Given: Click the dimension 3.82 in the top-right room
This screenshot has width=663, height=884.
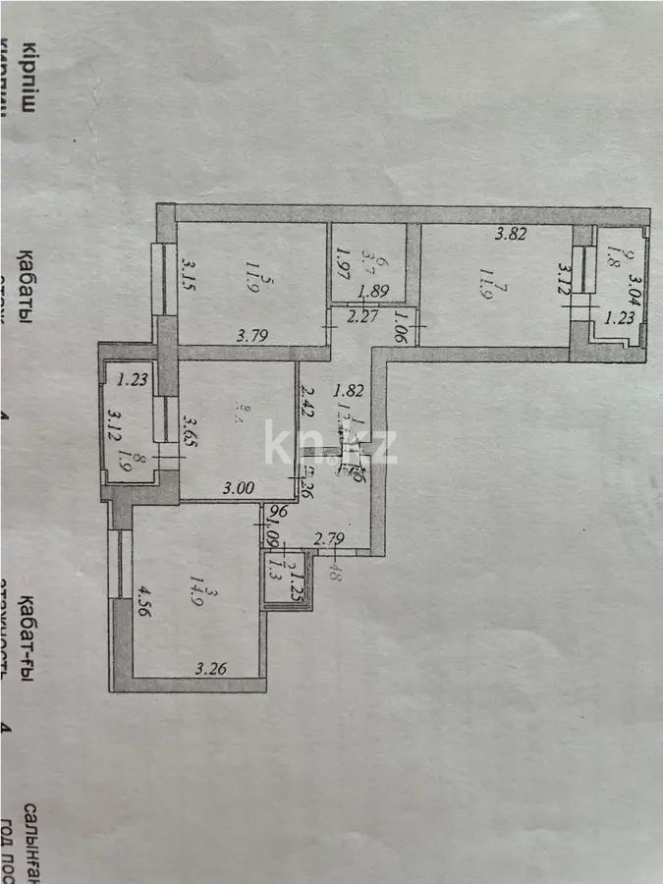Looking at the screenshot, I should click(x=511, y=235).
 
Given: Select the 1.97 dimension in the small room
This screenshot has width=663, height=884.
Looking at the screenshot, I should click(x=343, y=263).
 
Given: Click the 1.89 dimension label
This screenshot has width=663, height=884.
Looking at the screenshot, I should click(x=374, y=292).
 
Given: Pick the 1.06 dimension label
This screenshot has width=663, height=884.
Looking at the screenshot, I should click(x=402, y=323).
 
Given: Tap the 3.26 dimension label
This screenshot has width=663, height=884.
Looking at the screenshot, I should click(x=212, y=671).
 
